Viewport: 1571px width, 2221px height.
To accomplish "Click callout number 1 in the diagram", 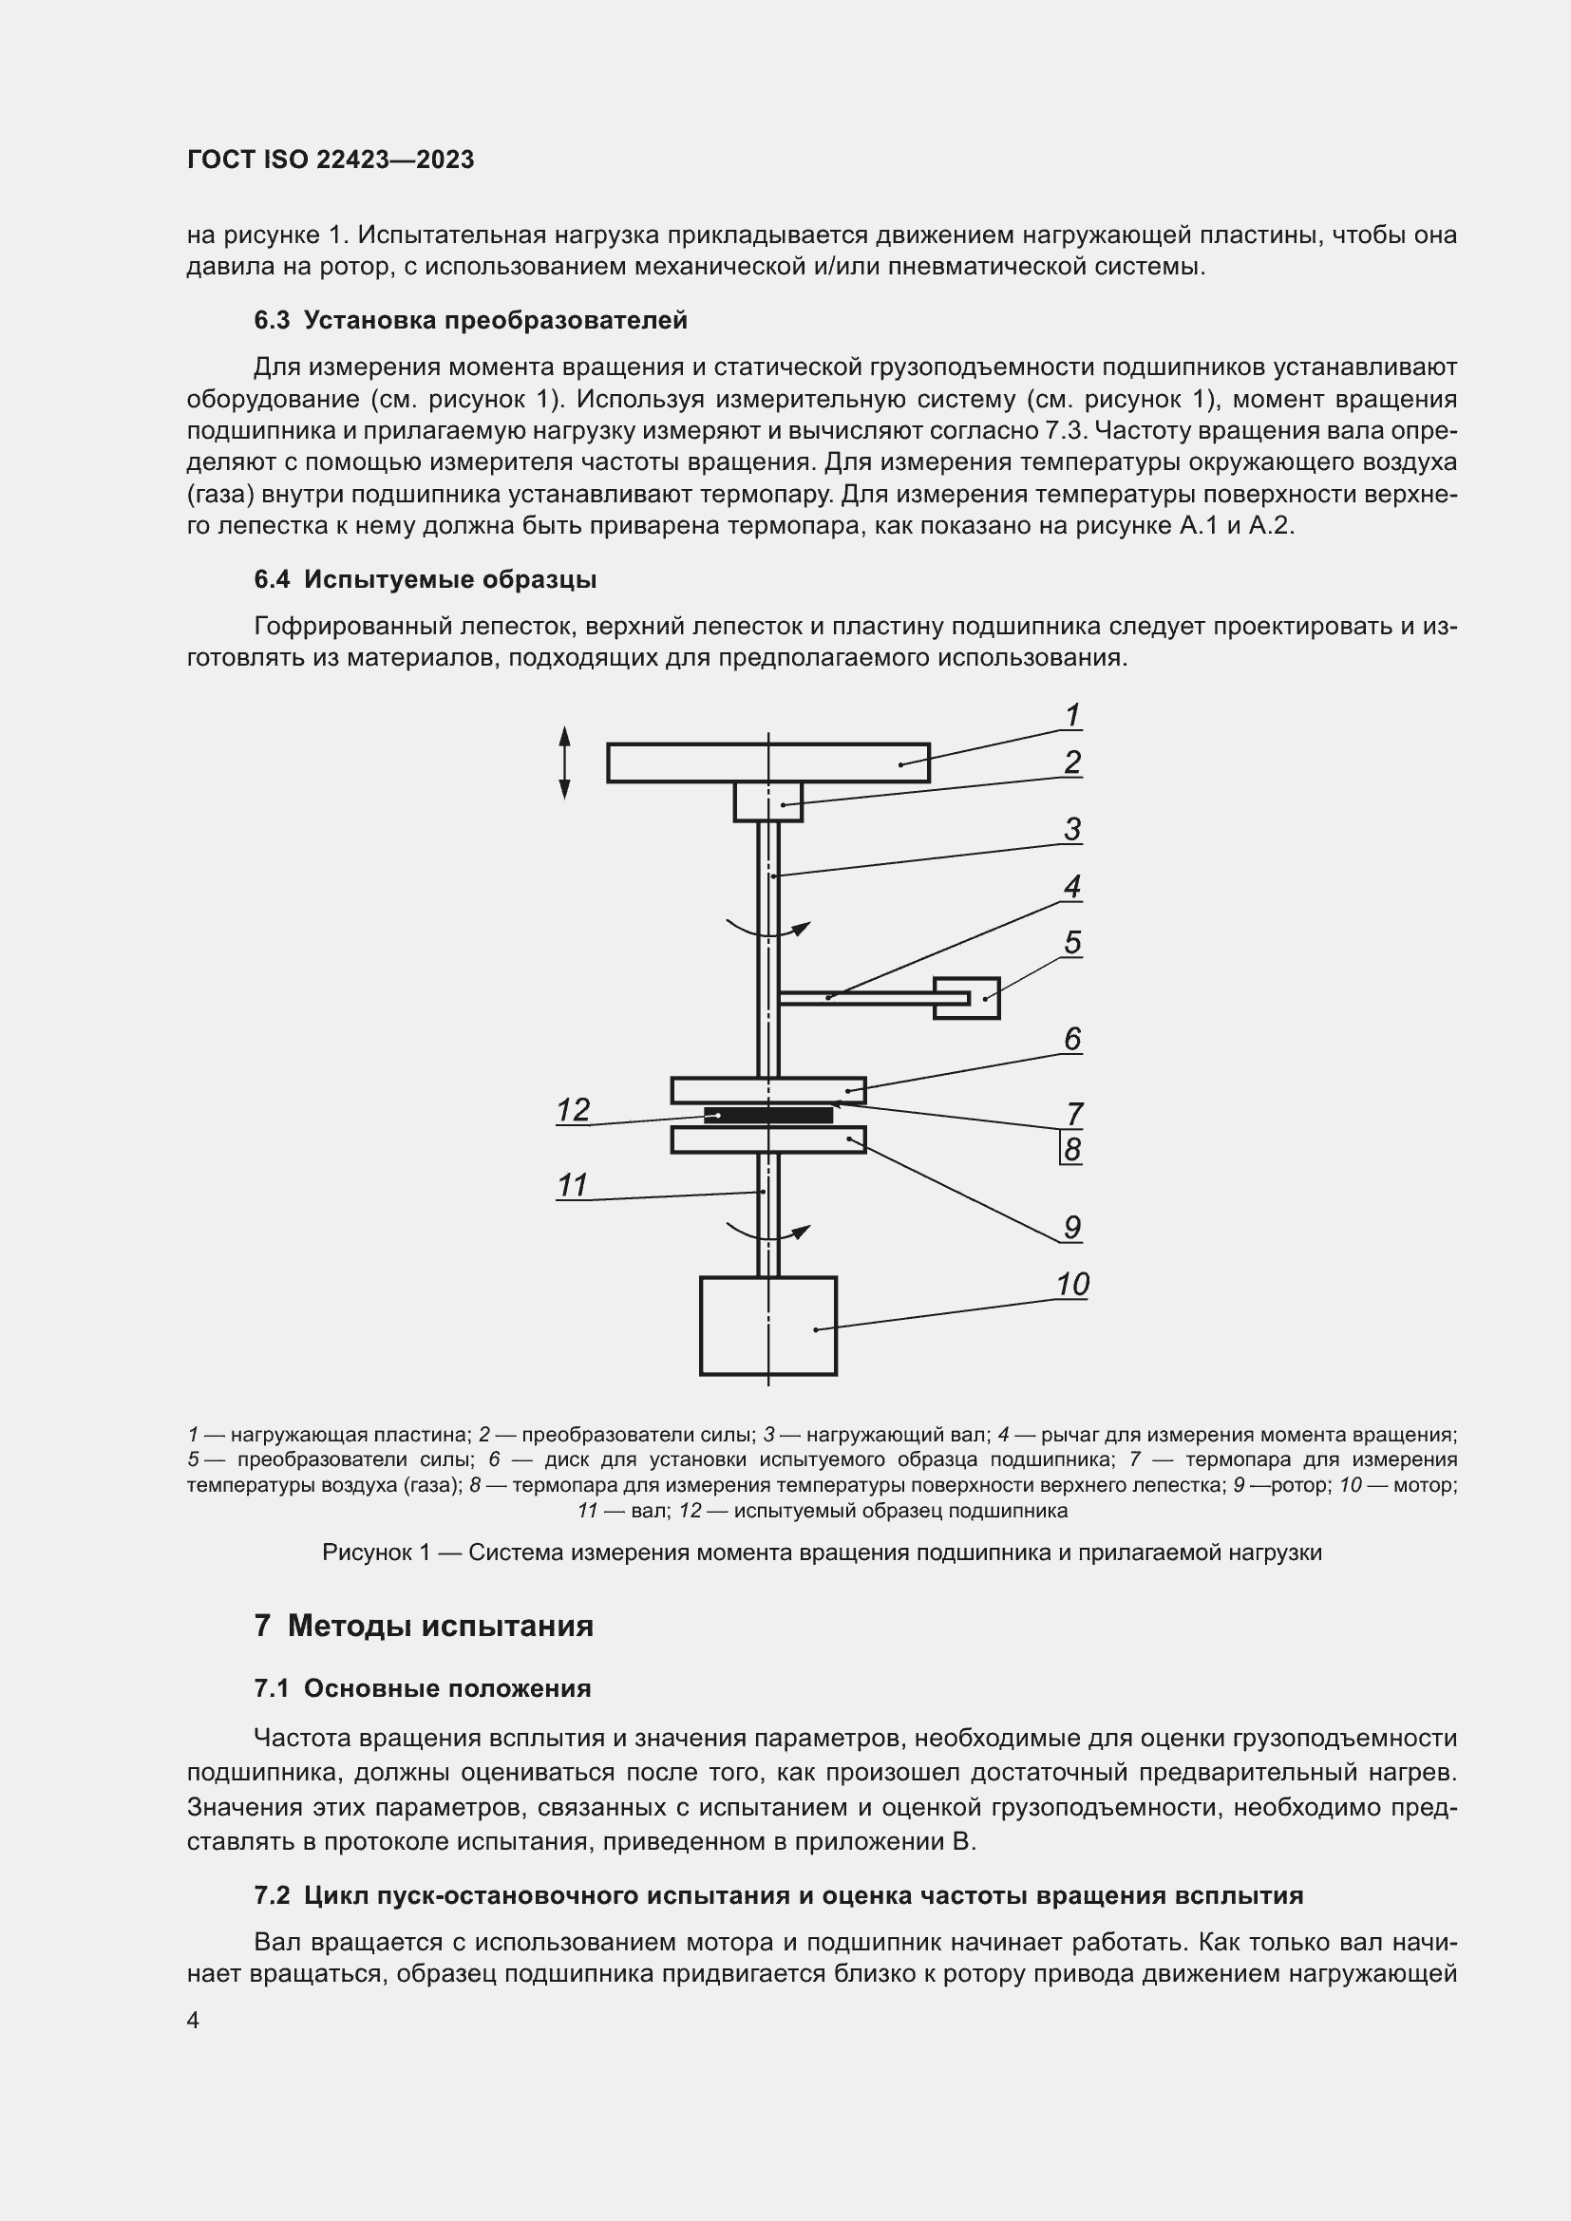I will click(x=1071, y=717).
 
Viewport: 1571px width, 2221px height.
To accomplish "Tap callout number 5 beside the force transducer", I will click(x=1071, y=943).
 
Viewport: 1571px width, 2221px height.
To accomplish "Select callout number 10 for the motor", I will click(x=1072, y=1286).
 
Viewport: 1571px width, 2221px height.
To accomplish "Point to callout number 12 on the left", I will click(x=574, y=1111).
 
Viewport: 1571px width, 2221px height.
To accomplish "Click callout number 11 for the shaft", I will click(x=573, y=1186).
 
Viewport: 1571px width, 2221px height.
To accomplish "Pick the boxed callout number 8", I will click(x=1071, y=1151).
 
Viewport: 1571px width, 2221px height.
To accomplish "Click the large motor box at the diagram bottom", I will click(x=768, y=1327).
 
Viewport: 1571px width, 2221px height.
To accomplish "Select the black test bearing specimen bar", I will click(x=768, y=1116).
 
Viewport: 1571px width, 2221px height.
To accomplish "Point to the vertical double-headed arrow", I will click(x=565, y=764).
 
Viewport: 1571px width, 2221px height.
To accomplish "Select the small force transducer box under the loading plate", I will click(x=768, y=802).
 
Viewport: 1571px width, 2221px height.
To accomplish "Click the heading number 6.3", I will click(x=272, y=321).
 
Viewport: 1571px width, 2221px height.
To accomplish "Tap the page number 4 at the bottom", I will click(x=194, y=2021).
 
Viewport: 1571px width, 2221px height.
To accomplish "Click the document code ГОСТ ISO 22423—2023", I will click(x=331, y=160).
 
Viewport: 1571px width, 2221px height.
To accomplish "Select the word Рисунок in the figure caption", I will click(x=366, y=1553).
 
